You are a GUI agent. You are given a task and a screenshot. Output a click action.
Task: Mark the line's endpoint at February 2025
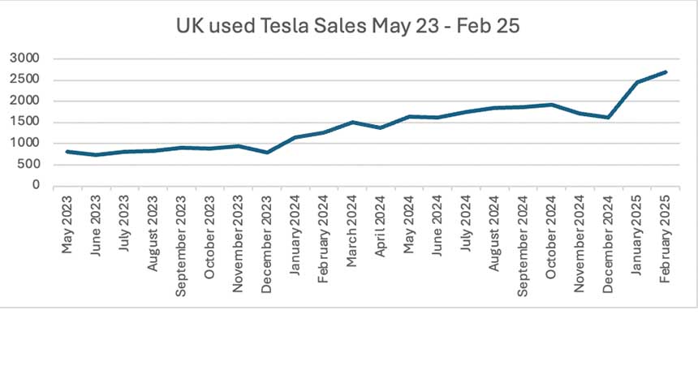(665, 72)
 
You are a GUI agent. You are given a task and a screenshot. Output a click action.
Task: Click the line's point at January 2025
(636, 82)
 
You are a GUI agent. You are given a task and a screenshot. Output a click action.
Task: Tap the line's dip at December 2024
(608, 117)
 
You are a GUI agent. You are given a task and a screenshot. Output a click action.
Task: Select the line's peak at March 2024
(352, 122)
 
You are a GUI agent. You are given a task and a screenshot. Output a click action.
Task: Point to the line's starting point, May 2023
(68, 151)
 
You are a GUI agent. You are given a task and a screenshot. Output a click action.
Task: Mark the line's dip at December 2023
(267, 152)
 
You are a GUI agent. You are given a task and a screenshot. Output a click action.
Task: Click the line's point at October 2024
(551, 104)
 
